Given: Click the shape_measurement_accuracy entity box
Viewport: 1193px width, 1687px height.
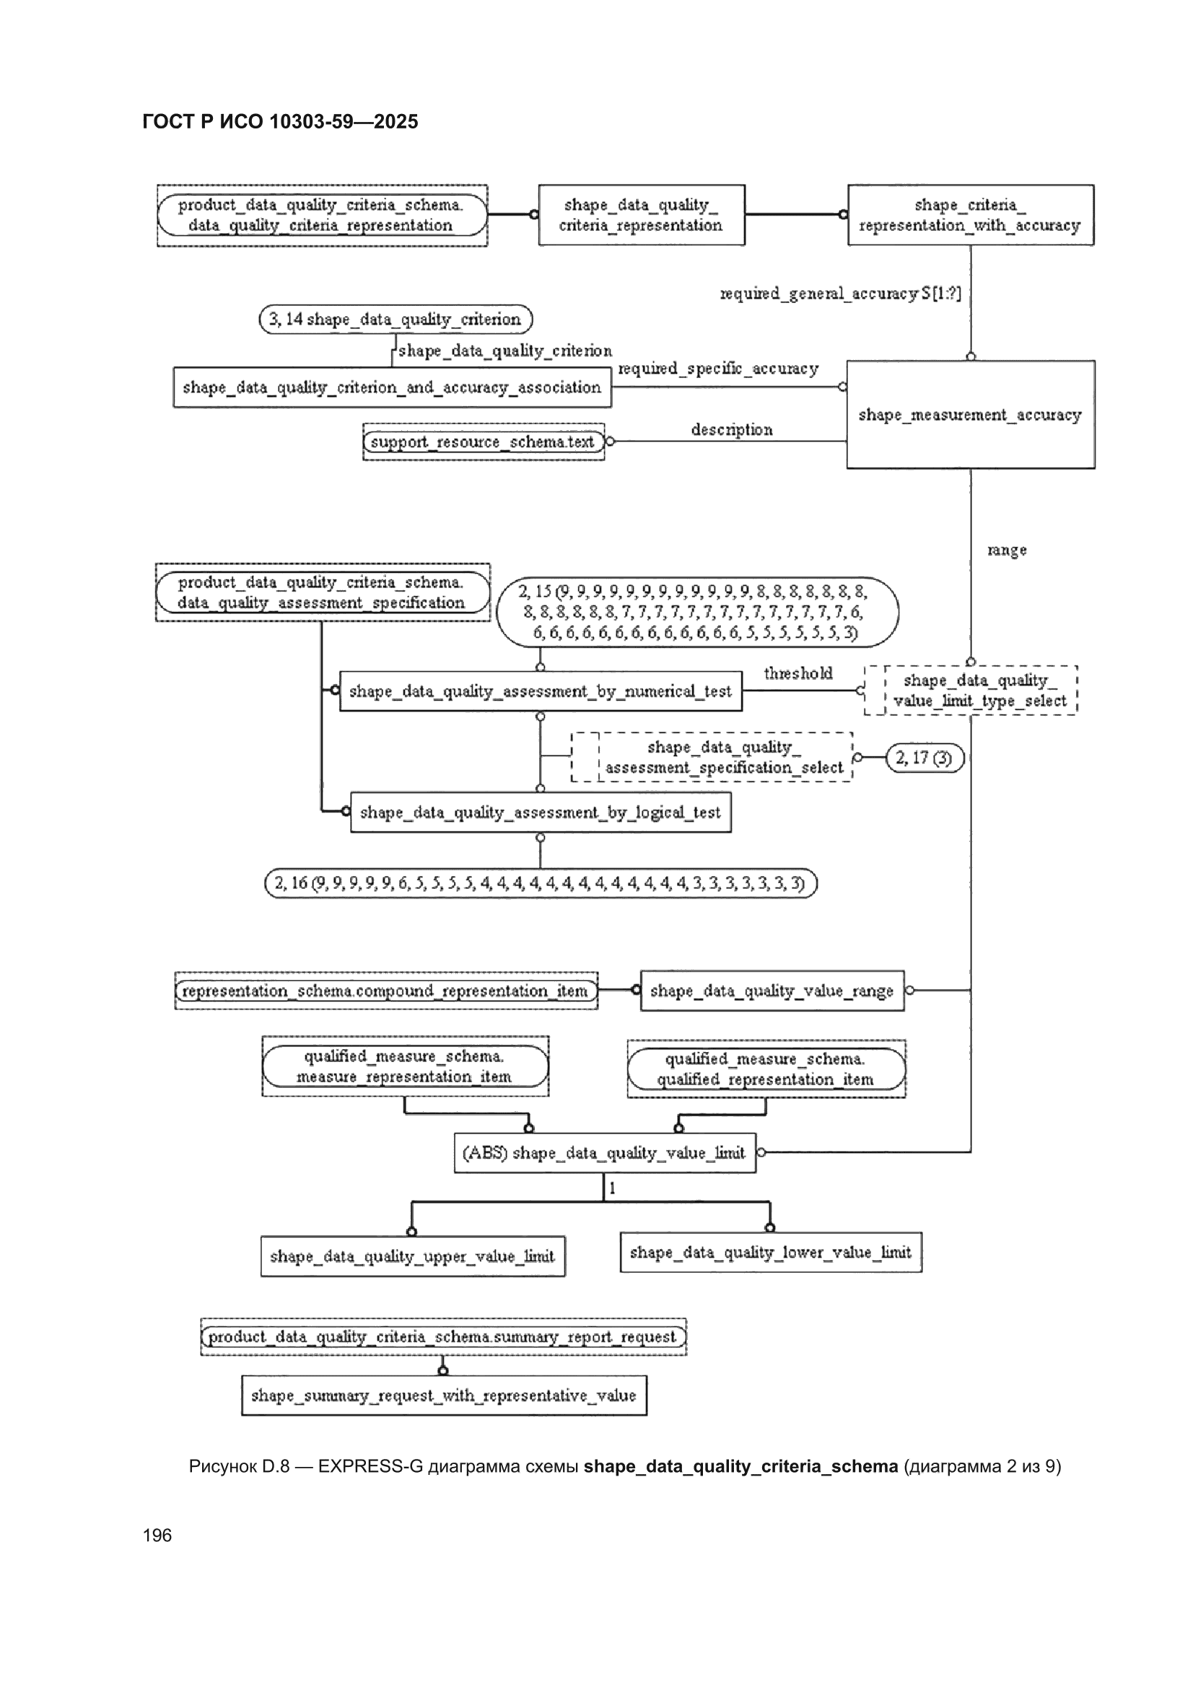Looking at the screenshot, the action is click(970, 414).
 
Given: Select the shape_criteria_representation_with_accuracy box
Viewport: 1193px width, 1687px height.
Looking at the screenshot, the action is click(970, 214).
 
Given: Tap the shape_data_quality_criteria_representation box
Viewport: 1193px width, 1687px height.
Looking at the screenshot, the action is click(641, 214).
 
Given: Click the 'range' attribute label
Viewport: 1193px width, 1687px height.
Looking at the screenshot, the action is click(1006, 551).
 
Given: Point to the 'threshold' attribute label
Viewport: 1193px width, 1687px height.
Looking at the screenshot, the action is click(797, 673).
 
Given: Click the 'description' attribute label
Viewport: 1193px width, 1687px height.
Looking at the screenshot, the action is click(731, 430).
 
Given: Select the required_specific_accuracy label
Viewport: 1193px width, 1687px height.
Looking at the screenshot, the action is click(718, 369).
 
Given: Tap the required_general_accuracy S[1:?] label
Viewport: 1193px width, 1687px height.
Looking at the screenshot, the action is click(840, 294).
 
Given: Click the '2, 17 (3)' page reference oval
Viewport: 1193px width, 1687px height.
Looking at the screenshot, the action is click(925, 758).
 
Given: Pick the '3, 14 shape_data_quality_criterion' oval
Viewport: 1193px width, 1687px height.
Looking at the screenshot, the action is click(396, 320).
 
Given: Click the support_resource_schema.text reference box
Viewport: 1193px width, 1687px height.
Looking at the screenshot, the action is click(484, 442).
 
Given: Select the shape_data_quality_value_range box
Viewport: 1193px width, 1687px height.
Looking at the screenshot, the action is click(772, 991).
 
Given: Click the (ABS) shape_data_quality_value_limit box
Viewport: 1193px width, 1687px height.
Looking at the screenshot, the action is click(604, 1153).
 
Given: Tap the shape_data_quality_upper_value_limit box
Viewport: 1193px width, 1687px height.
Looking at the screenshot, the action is click(412, 1256).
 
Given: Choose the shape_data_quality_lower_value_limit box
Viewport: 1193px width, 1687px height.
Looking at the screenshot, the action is click(770, 1252).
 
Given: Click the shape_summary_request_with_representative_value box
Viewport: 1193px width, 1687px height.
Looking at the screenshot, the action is click(444, 1395).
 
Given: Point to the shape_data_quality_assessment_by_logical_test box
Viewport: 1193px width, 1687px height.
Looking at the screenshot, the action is click(541, 812).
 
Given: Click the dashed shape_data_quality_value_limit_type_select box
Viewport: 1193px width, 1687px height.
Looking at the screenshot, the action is click(970, 691).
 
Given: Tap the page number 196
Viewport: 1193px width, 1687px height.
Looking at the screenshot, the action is click(157, 1535).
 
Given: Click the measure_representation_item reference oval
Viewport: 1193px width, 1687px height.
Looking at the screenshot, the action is click(405, 1066).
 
